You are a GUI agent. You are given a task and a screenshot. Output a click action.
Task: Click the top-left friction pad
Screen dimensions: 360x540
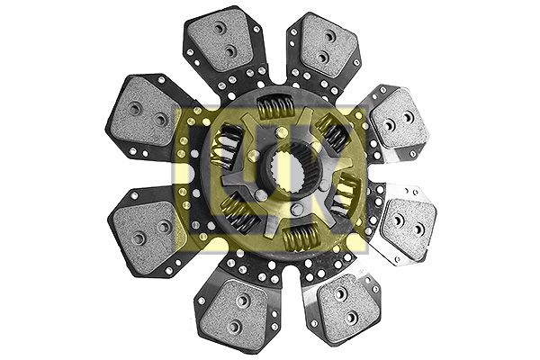(221, 41)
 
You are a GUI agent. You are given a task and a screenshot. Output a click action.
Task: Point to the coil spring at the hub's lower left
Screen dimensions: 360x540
(236, 213)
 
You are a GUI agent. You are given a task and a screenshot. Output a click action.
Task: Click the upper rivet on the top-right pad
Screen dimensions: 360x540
(329, 36)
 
